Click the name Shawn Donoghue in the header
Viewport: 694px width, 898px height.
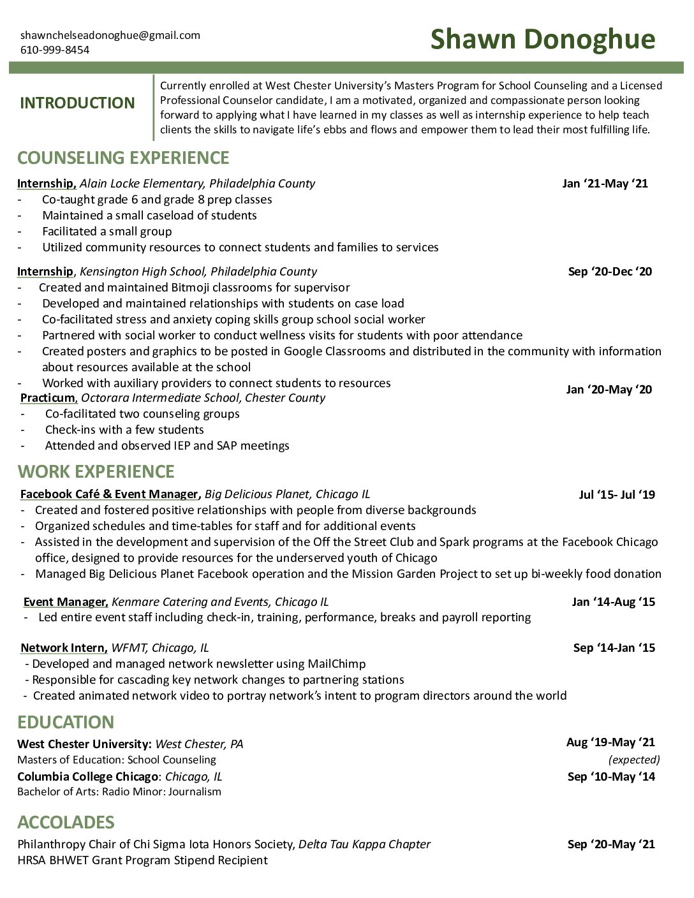(x=542, y=40)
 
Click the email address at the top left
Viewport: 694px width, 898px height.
(x=110, y=35)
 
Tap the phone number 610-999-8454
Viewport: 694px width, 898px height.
(x=55, y=50)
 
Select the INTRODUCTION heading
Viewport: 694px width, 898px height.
(x=77, y=103)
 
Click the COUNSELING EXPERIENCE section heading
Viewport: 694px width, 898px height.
(x=123, y=158)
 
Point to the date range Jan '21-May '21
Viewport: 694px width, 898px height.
(x=605, y=184)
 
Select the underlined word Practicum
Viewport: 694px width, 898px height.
(x=47, y=398)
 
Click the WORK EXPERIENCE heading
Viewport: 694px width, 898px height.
(x=96, y=471)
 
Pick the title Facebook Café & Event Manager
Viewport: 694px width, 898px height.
(x=109, y=494)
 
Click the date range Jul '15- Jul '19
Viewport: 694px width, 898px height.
(x=617, y=494)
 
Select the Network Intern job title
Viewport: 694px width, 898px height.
(x=63, y=648)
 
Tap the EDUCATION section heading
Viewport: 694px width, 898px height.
(x=66, y=722)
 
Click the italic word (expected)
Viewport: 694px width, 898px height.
(x=634, y=760)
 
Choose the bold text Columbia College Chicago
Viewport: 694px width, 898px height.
(x=87, y=777)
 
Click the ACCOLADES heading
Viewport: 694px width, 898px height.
(x=66, y=822)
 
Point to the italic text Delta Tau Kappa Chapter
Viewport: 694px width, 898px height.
(x=364, y=844)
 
